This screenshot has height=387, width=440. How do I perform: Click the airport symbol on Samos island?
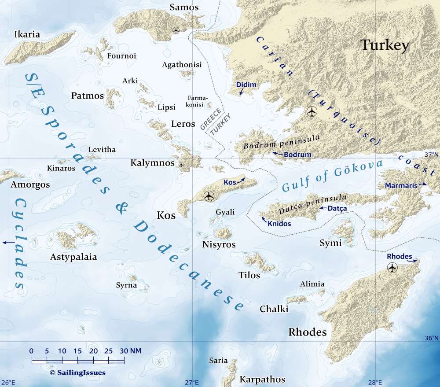[176, 30]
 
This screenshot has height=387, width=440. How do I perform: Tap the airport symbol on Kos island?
[209, 195]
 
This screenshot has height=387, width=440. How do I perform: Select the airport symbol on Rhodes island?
[392, 267]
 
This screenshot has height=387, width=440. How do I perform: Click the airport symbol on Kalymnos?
[181, 165]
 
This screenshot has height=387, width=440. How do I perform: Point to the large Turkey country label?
[385, 45]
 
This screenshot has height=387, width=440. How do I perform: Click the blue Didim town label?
[246, 85]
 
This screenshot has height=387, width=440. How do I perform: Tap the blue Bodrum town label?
[297, 155]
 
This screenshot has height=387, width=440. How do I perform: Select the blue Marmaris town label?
[401, 185]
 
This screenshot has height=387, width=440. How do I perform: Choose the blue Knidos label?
[279, 224]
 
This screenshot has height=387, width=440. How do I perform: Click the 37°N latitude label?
[431, 154]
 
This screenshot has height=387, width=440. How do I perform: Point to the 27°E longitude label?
[191, 382]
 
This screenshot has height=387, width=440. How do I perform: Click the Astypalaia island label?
[73, 257]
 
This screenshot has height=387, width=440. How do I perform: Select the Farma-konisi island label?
[198, 101]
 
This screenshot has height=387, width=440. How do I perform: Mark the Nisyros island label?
[219, 244]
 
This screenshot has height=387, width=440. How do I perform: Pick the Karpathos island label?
[262, 379]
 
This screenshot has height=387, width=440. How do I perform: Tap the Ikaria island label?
[27, 34]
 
